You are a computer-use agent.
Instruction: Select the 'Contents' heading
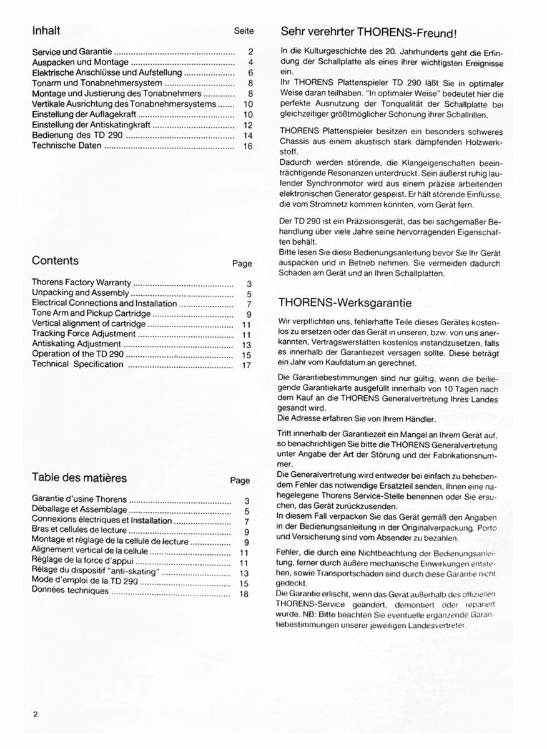tap(55, 260)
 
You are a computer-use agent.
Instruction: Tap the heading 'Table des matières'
tap(79, 477)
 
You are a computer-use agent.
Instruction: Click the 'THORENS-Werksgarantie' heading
tap(345, 303)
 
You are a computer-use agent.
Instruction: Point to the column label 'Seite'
tap(244, 30)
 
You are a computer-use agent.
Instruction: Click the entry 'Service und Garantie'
tap(72, 52)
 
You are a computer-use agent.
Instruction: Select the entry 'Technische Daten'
tap(67, 145)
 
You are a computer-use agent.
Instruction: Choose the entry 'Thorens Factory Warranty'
tap(82, 282)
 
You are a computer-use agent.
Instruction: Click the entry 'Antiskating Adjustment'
tap(76, 344)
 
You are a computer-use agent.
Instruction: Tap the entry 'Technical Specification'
tap(77, 365)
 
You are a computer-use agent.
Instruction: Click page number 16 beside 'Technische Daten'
tap(248, 146)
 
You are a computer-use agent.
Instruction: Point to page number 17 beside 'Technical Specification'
tap(245, 365)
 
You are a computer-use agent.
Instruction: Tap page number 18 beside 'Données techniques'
tap(245, 594)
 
